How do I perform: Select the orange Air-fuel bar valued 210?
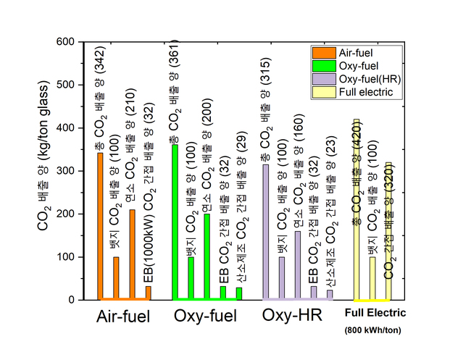coord(132,254)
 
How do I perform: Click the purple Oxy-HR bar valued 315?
coord(265,232)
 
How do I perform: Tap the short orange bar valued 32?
coord(148,293)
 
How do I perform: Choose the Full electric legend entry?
coord(353,92)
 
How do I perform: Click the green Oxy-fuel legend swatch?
coord(320,65)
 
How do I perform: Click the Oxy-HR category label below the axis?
coord(287,317)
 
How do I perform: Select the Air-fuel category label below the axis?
coord(123,317)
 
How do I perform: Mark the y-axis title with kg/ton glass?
coord(45,171)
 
